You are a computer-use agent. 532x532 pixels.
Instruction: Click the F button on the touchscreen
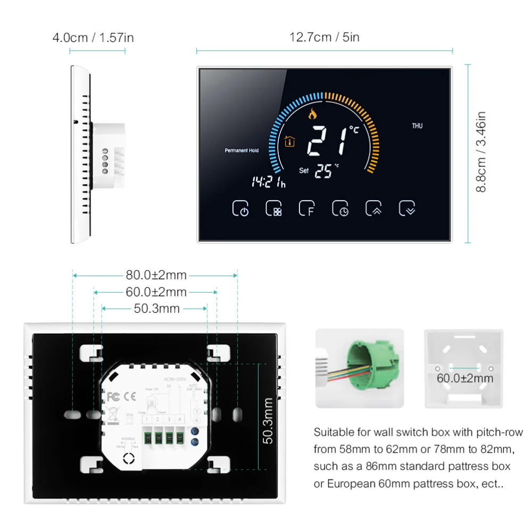point(306,209)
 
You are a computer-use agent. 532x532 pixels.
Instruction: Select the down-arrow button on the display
point(408,209)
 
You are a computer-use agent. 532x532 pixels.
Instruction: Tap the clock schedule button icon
point(340,209)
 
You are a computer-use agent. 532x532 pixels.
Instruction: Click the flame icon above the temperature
point(312,113)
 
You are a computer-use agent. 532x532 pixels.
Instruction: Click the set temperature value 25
point(323,171)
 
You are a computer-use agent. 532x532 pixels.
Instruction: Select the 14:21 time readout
point(268,181)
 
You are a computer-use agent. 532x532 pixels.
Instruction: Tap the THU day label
point(417,126)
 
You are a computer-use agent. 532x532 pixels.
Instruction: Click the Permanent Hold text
point(242,151)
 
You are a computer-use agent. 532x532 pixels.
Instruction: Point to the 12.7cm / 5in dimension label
point(325,37)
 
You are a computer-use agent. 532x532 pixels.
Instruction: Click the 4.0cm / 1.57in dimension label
point(93,37)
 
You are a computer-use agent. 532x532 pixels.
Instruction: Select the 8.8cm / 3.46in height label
point(481,152)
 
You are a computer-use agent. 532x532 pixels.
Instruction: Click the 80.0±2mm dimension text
point(156,275)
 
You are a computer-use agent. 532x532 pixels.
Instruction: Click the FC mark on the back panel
point(112,396)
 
